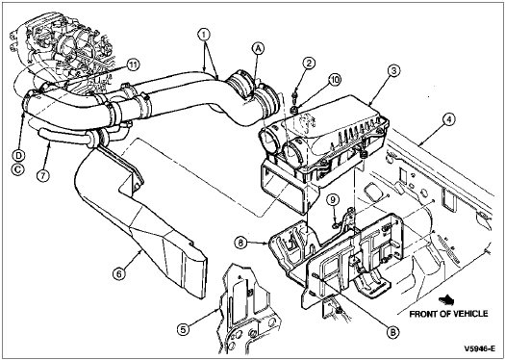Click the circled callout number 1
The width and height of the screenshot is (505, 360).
click(204, 34)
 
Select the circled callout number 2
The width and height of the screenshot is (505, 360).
click(309, 64)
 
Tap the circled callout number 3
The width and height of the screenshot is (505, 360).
click(393, 71)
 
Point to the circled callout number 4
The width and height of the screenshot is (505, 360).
click(448, 120)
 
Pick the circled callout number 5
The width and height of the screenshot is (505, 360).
click(184, 330)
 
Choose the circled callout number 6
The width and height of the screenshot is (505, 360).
click(118, 274)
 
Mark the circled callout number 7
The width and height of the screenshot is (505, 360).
click(43, 175)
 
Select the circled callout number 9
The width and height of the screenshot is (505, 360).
click(333, 200)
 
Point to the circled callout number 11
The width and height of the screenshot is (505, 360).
click(133, 64)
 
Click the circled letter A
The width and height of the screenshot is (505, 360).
click(259, 49)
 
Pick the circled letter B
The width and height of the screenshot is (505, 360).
click(392, 332)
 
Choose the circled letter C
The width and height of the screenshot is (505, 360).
click(18, 169)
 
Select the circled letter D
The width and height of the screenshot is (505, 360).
click(18, 156)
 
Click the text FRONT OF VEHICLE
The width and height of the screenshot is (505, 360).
click(448, 314)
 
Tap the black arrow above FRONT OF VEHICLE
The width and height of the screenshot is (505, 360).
click(446, 301)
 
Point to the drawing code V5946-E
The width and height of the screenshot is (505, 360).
click(479, 348)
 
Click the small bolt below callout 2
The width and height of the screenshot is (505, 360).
click(293, 95)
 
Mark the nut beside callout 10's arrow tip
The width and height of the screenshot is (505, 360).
click(293, 111)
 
